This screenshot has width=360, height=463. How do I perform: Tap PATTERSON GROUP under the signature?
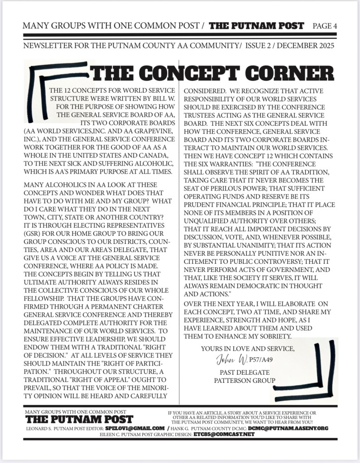pyautogui.click(x=245, y=381)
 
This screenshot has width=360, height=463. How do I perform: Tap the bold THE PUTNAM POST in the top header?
pyautogui.click(x=256, y=25)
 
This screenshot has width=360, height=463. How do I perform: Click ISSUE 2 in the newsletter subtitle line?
pyautogui.click(x=259, y=46)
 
